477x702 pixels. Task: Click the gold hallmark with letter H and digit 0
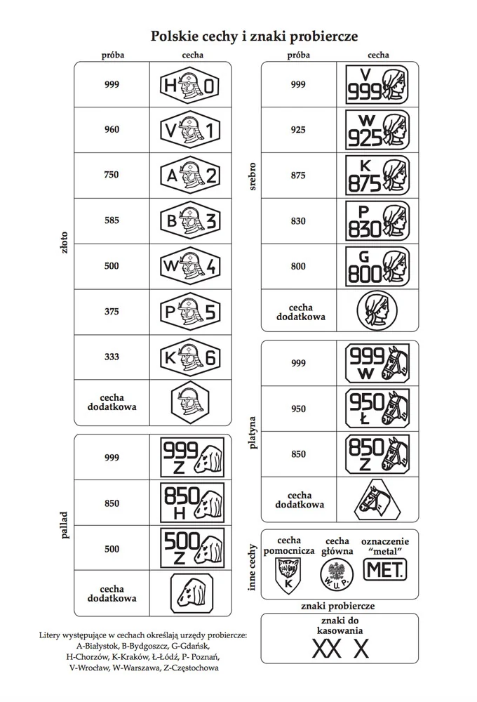click(x=190, y=85)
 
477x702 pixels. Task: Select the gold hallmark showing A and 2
click(x=190, y=175)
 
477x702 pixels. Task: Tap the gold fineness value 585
click(x=112, y=220)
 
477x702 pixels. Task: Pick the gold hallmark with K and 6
click(x=190, y=357)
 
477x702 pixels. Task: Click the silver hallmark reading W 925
click(x=377, y=131)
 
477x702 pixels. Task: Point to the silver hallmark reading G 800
click(x=377, y=267)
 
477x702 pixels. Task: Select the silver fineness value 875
click(x=298, y=175)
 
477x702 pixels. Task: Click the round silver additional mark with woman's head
click(x=377, y=310)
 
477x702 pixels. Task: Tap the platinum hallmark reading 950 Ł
click(x=377, y=409)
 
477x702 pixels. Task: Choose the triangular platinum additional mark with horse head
click(x=377, y=499)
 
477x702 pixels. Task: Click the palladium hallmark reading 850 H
click(x=192, y=503)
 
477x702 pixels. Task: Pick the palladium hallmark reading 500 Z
click(x=192, y=548)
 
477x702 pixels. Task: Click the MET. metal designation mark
click(x=385, y=569)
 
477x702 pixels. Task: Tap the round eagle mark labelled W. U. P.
click(x=337, y=574)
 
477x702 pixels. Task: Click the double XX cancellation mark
click(x=326, y=649)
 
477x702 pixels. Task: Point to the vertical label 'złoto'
click(x=65, y=243)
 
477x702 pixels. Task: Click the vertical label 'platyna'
click(x=253, y=433)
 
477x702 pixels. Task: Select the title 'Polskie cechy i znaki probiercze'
click(x=254, y=37)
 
